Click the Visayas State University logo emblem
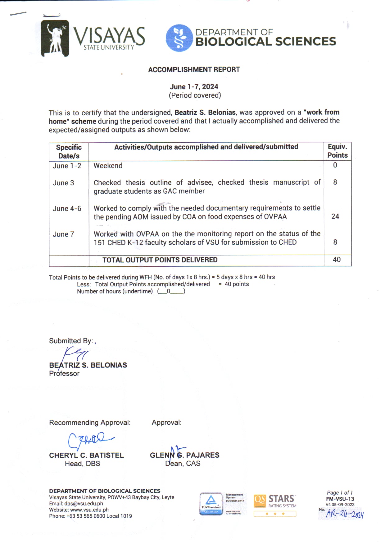pos(55,39)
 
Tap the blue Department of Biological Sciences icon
pos(179,38)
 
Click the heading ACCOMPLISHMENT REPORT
pos(194,70)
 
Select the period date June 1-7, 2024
pos(194,87)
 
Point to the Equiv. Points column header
pos(337,151)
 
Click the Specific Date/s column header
pos(69,151)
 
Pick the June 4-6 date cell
pos(67,209)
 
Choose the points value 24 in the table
pos(335,216)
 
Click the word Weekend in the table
pos(108,166)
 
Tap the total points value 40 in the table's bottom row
pos(337,260)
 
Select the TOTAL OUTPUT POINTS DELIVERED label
pos(160,260)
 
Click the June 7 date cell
pos(63,234)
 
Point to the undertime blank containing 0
pos(171,291)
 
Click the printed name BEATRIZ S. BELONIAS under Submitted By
pos(88,365)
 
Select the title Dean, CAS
pos(183,464)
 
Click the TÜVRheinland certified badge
pos(211,504)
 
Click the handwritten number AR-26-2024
pos(344,514)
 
